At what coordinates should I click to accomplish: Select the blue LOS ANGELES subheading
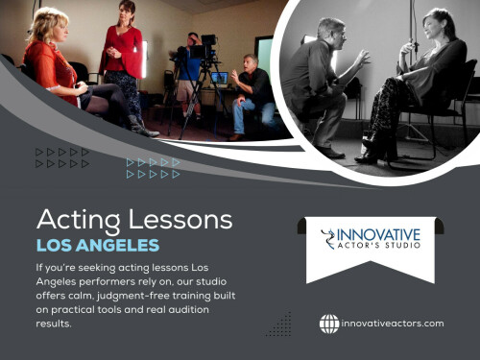(98, 246)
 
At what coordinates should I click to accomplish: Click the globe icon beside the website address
(329, 324)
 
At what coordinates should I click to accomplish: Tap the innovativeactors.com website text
(393, 324)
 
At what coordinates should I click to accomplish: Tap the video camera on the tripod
(204, 46)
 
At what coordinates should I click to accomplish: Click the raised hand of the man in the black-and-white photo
(362, 56)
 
